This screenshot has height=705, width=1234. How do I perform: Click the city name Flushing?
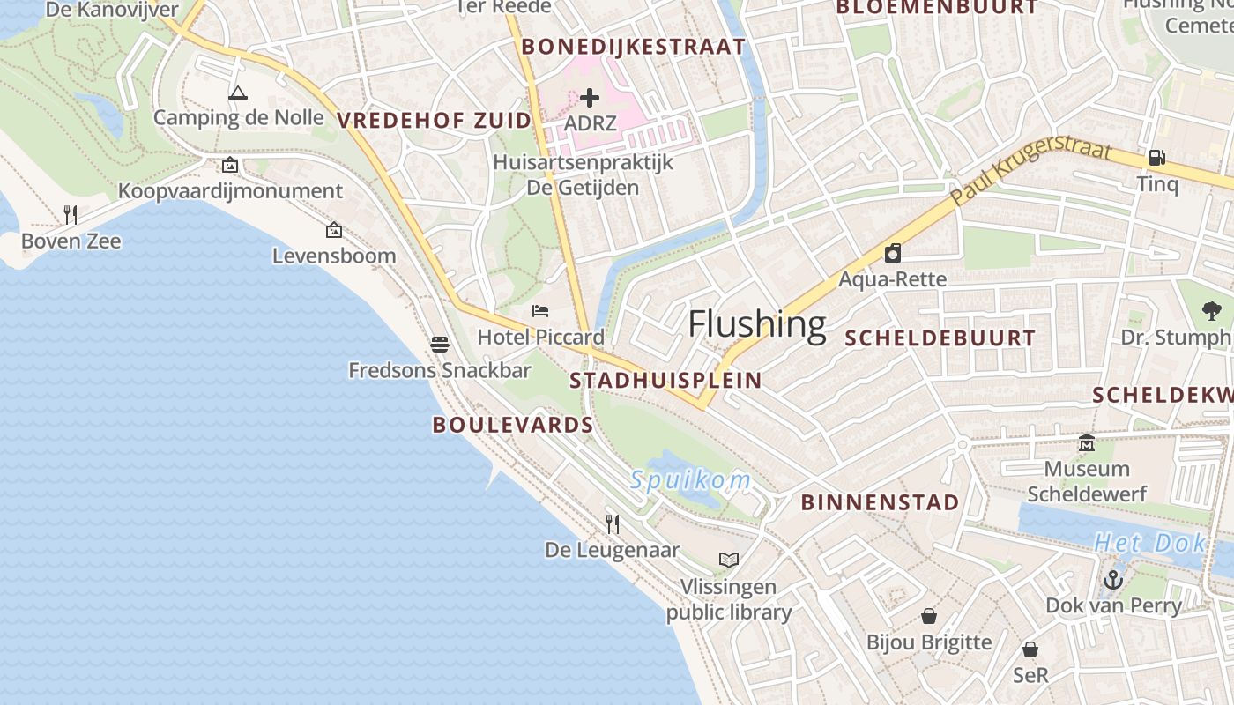point(757,324)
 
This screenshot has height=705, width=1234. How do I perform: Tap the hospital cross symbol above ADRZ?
point(590,97)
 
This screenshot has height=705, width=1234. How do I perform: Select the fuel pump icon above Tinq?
point(1156,158)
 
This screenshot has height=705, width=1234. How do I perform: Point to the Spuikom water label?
point(690,480)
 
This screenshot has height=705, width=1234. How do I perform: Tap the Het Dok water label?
point(1149,543)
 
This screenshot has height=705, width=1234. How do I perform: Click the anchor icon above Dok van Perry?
point(1113,579)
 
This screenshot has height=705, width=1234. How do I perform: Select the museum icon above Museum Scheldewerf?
point(1086,442)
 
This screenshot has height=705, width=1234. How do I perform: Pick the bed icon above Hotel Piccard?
point(540,310)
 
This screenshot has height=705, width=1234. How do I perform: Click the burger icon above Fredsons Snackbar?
point(440,344)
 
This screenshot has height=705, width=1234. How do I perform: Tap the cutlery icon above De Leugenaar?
point(613,523)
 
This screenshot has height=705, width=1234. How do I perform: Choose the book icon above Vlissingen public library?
point(729,560)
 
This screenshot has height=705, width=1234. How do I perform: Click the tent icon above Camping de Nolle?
point(237,92)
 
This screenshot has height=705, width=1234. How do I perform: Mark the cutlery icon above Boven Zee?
point(71,214)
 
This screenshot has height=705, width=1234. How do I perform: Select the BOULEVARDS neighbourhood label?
point(512,425)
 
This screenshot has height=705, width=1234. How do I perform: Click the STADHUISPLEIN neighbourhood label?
point(665,381)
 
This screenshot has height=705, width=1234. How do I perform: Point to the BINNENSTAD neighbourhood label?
point(880,502)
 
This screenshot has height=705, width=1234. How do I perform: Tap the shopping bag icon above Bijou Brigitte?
point(928,615)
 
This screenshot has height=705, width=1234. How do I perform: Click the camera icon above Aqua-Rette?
point(893,254)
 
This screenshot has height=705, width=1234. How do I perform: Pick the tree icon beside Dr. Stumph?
point(1212,310)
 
